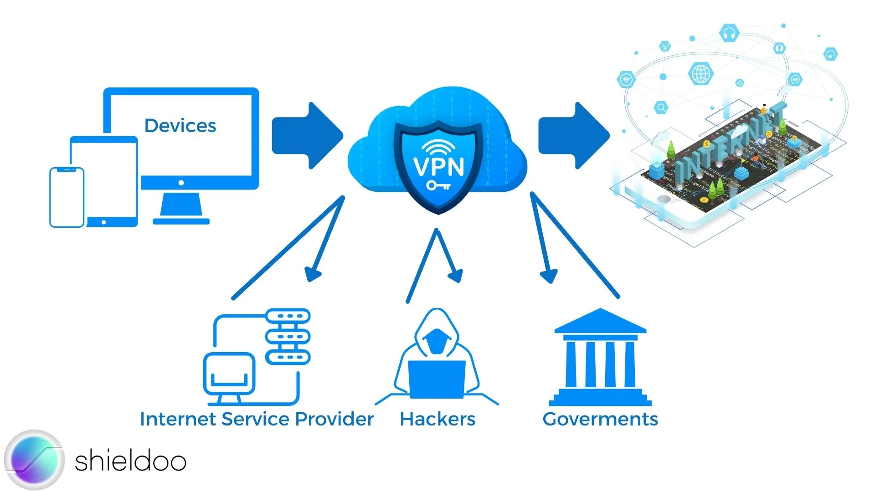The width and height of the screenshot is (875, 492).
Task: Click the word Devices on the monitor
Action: point(180,126)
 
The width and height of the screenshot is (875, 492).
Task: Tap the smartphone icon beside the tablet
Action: point(67,197)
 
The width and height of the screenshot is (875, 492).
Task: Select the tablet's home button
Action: point(104,222)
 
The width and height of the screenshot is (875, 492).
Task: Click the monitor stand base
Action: point(181,221)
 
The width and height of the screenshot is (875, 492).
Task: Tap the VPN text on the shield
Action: point(438,166)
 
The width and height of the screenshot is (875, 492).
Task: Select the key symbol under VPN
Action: point(438,185)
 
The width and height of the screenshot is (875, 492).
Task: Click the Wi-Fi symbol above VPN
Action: point(438,147)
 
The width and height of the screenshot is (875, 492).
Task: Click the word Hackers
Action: point(437,419)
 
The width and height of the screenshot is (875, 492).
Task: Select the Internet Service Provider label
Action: point(257,419)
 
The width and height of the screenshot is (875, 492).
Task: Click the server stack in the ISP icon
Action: point(288,337)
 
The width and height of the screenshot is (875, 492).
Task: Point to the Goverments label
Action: point(600,419)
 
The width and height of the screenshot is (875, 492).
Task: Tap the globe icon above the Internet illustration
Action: point(701,73)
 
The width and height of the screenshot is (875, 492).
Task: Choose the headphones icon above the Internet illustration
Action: point(729,33)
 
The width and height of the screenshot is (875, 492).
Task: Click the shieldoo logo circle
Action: point(35,460)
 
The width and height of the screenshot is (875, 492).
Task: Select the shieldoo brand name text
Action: point(130,461)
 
